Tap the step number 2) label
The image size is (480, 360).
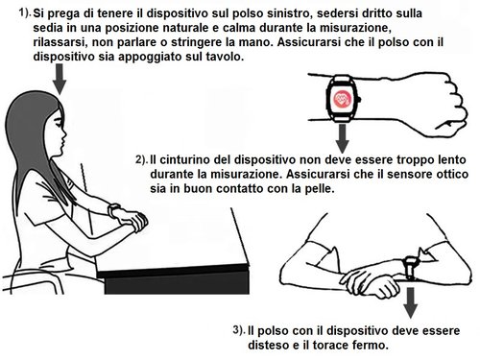pos(140,157)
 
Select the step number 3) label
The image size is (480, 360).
pos(238,329)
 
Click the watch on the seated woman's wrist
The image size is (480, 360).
pos(114,210)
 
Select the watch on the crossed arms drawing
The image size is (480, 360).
pos(410,264)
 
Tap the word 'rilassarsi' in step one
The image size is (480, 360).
pos(62,43)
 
